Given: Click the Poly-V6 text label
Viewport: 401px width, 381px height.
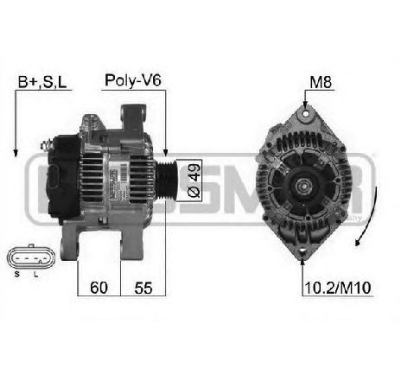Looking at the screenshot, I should (133, 80).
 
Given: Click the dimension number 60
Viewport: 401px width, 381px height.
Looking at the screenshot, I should (99, 287).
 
